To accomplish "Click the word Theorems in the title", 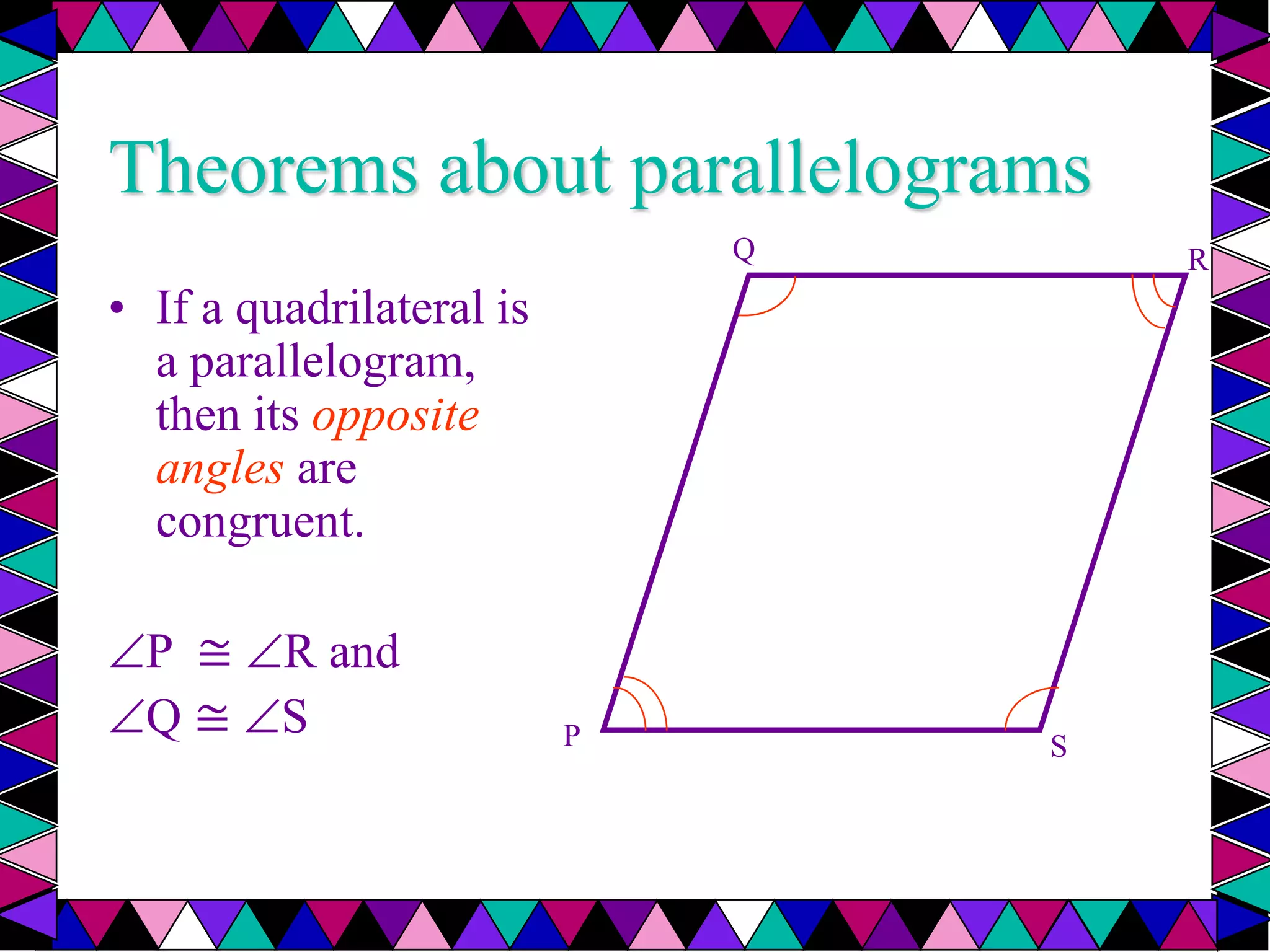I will click(264, 169).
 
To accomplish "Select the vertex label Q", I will click(744, 250).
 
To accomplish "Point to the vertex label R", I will click(1197, 260).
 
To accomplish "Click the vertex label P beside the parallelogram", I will click(571, 736).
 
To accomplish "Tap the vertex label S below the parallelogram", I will click(1059, 746).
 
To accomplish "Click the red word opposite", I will click(396, 416).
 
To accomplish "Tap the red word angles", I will click(220, 470).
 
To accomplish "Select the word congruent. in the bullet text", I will click(259, 522).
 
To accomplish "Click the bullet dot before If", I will click(117, 308).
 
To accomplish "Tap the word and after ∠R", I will click(364, 652).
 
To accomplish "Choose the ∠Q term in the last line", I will click(146, 717).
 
